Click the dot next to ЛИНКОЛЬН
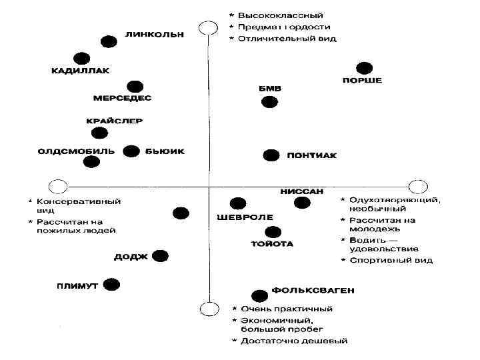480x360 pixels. point(108,41)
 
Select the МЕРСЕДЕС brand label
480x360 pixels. point(123,98)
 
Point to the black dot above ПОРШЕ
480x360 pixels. point(363,67)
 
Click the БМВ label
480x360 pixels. point(269,88)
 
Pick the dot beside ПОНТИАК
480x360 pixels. point(271,155)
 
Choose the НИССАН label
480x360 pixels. point(301,191)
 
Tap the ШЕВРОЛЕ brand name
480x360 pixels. point(245,217)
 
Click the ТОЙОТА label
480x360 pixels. point(271,244)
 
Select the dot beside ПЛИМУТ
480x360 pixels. point(111,285)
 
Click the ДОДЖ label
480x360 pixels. point(130,256)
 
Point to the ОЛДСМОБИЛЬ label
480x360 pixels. point(75,151)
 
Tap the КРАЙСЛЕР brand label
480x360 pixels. point(115,121)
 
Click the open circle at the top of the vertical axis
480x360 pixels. point(209,28)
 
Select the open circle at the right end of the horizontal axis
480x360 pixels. point(417,186)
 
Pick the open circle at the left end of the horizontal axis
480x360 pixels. point(58,186)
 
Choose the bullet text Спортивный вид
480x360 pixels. point(392,259)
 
